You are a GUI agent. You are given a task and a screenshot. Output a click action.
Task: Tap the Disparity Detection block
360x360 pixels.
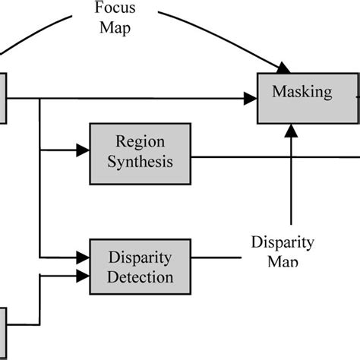coord(140,266)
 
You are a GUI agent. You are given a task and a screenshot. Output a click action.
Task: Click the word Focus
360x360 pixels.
coord(115,9)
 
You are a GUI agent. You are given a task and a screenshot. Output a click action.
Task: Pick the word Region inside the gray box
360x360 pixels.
coord(140,141)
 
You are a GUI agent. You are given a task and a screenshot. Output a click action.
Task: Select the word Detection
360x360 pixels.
coord(140,276)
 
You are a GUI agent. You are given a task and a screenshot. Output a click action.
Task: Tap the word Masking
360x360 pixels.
coord(302,93)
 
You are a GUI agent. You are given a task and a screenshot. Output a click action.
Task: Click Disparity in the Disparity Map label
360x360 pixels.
coord(283,242)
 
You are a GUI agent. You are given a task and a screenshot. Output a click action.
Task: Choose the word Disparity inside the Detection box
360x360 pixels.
coord(140,257)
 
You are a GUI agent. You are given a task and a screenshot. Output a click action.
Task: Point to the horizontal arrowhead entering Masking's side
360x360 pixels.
coord(249,98)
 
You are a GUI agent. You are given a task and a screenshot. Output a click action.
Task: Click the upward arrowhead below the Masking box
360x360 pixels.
coord(292,131)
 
